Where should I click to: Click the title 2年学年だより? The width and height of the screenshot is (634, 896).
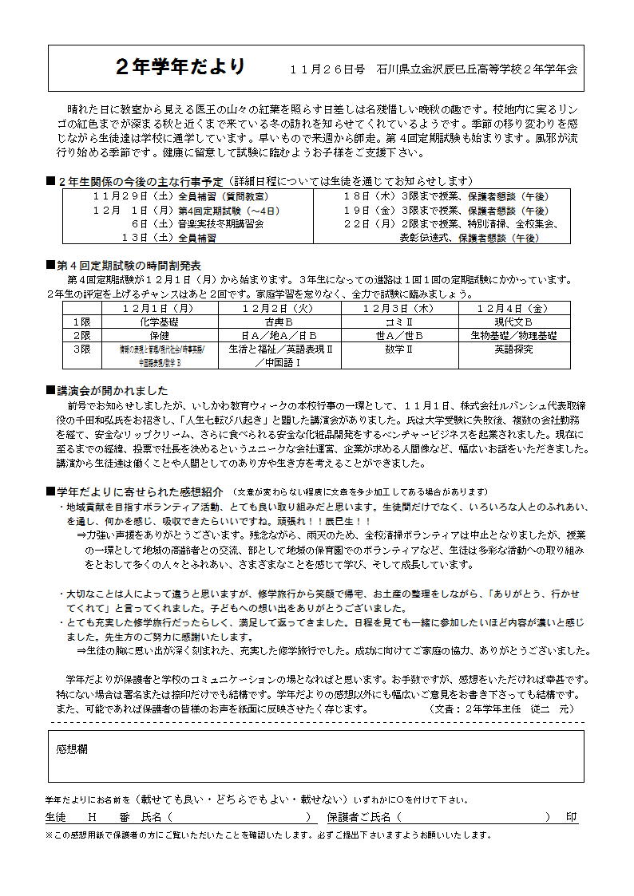[181, 67]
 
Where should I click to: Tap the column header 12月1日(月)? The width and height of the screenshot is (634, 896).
[158, 308]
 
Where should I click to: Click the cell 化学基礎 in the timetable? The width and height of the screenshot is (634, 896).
[158, 322]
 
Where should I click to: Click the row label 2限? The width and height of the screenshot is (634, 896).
[81, 336]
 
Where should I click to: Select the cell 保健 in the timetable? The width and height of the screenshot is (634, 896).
[158, 336]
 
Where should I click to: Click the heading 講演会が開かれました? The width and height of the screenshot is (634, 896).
[112, 391]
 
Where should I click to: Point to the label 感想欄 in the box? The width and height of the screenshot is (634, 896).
[72, 749]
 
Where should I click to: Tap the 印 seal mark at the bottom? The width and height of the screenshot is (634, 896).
[571, 818]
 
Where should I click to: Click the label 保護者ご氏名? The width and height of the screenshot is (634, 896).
[359, 818]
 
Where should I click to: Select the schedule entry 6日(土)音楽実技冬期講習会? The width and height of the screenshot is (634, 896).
[197, 224]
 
